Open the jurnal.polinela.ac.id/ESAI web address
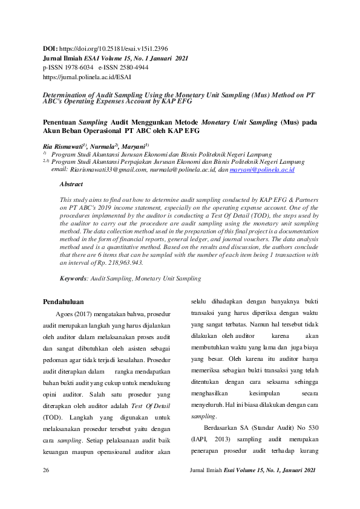click(x=87, y=77)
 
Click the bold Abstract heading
click(x=71, y=184)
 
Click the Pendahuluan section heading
click(x=67, y=301)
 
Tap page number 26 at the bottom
click(x=46, y=487)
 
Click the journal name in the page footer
click(x=253, y=487)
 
